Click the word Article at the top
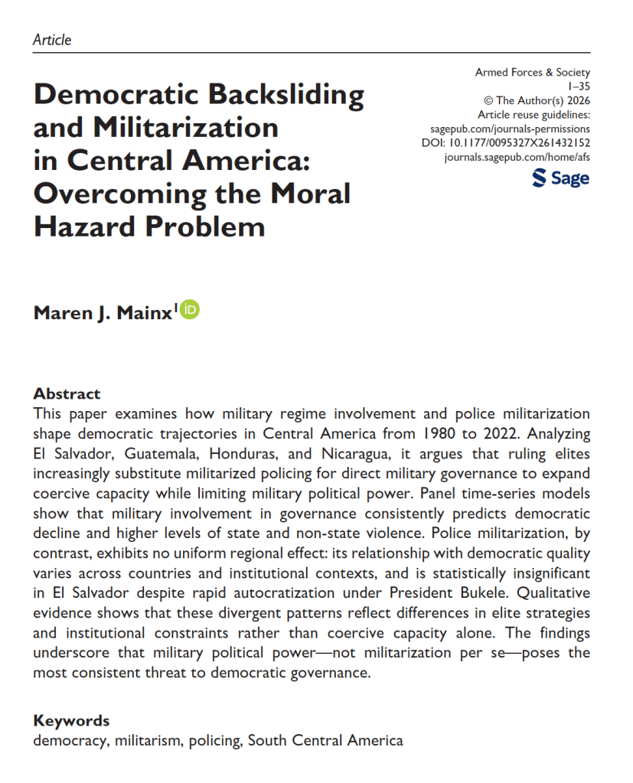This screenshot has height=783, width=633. pos(53,40)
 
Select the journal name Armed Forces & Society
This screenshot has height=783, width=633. pos(533,73)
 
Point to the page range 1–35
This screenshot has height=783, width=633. pos(579,86)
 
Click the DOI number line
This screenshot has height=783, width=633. pos(506,142)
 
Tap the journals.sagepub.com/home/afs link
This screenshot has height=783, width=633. pos(517,157)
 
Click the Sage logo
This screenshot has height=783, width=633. pos(560,178)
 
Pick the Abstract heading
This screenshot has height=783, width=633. pos(67,394)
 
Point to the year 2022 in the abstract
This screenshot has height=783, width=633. pos(526,433)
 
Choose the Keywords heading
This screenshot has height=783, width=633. pos(71,721)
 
